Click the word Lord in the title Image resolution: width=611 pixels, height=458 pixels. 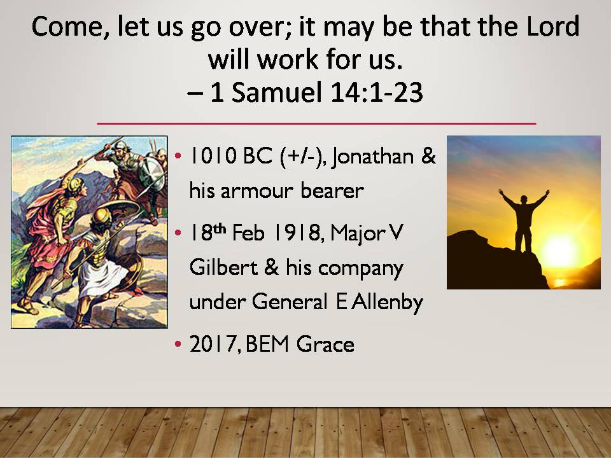552,27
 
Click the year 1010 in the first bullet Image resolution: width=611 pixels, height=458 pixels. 213,156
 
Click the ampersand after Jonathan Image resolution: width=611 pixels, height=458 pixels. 428,156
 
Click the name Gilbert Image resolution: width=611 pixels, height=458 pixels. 223,267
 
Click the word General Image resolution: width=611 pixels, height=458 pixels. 290,302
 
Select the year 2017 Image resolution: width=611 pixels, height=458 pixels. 213,344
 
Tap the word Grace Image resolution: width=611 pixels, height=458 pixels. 325,344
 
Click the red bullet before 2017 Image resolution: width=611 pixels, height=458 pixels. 178,344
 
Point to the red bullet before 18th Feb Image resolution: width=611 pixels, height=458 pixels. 178,233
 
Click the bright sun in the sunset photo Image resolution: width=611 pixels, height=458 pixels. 560,252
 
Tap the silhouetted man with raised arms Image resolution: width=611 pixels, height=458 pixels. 524,220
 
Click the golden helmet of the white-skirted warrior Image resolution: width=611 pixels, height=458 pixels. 102,216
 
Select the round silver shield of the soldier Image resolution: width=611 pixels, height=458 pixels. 151,174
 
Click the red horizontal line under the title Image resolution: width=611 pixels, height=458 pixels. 316,123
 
